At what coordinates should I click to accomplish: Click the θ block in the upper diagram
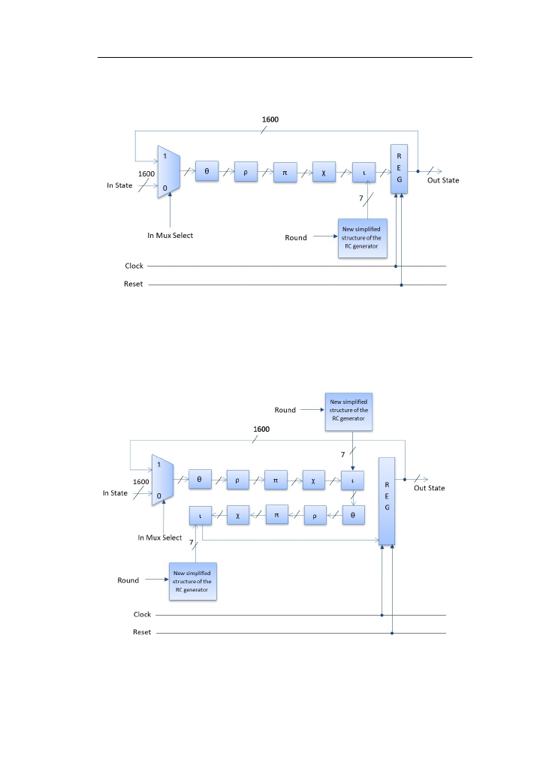(207, 171)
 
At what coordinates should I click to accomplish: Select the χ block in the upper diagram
(324, 172)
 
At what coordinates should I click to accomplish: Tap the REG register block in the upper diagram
(399, 168)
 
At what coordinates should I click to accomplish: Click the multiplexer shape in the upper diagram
(169, 171)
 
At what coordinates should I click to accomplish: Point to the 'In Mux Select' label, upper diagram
(170, 235)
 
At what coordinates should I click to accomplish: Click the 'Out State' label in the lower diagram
(429, 488)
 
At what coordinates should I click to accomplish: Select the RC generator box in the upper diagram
(362, 238)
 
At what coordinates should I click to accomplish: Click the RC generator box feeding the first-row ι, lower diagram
(348, 411)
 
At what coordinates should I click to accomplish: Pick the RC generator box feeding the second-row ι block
(193, 581)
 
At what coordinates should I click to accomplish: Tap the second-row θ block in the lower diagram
(353, 515)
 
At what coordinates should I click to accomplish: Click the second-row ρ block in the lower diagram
(315, 516)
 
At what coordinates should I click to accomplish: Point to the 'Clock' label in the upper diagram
(134, 266)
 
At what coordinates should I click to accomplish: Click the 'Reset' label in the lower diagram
(142, 632)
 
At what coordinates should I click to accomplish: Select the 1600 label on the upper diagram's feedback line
(270, 119)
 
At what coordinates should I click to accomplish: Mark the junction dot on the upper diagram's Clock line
(396, 267)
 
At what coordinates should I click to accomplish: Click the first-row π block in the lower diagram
(276, 480)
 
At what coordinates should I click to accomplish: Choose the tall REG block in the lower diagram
(387, 501)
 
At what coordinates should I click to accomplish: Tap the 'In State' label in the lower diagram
(115, 492)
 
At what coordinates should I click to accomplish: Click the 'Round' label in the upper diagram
(296, 238)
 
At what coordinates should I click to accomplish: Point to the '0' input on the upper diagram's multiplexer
(164, 188)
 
